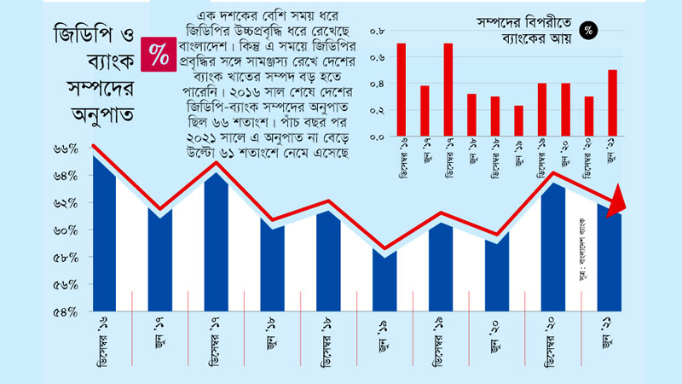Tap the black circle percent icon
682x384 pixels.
[588, 31]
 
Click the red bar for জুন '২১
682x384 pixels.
[612, 102]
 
